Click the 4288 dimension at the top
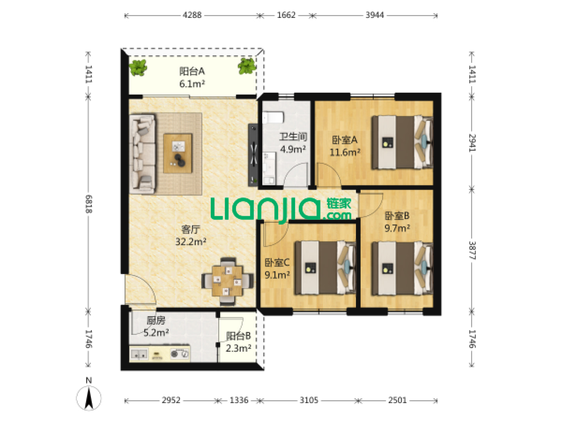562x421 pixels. pos(192,15)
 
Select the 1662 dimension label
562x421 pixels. pos(286,15)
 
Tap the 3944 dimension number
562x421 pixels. pos(375,15)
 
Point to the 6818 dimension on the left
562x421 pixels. pos(89,204)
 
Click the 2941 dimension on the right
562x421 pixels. pos(472,143)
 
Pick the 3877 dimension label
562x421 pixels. pos(472,250)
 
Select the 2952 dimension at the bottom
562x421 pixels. pos(171,400)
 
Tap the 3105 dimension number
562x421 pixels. pos(309,400)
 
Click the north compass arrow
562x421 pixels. pos(89,398)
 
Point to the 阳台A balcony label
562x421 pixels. pos(192,71)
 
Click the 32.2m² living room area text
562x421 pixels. pos(191,242)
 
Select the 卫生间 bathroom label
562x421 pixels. pos(293,137)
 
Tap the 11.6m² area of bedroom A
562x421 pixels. pos(345,152)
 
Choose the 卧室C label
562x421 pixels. pos(277,262)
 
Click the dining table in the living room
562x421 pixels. pos(228,281)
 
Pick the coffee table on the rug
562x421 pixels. pos(178,153)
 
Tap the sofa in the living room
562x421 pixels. pos(142,154)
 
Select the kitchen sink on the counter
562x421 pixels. pos(139,355)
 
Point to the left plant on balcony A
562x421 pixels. pos(138,67)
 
